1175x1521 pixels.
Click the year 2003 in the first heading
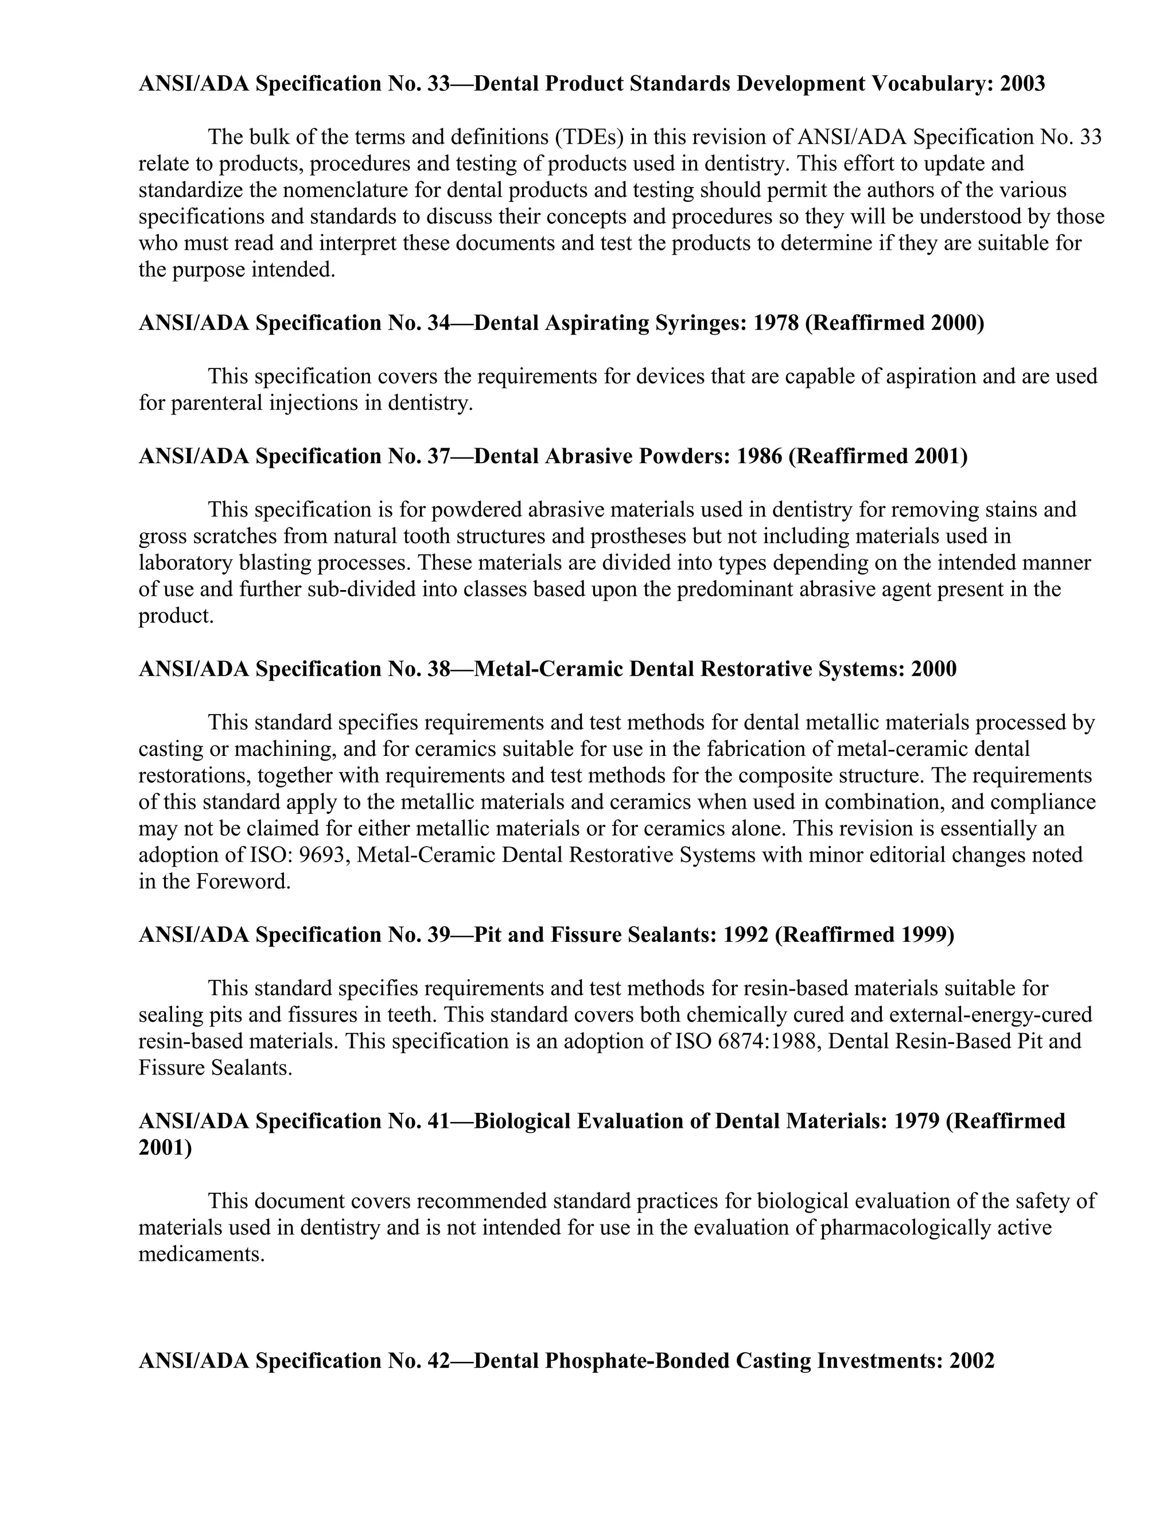click(1022, 84)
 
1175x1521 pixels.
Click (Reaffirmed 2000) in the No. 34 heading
click(894, 323)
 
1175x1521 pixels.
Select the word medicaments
click(201, 1254)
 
